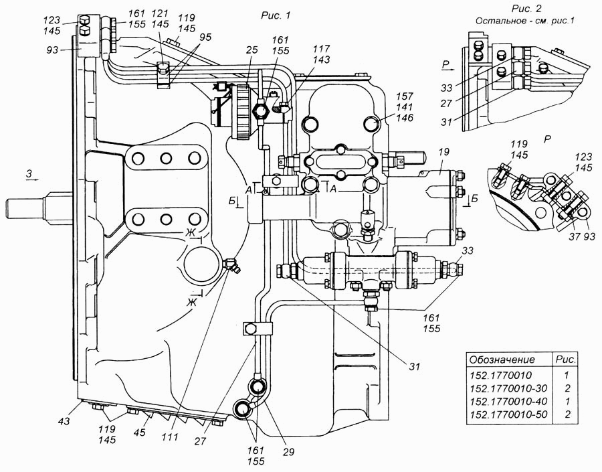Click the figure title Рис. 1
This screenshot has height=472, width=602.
point(276,15)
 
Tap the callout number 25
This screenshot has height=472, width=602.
point(252,50)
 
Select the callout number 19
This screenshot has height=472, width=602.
point(443,152)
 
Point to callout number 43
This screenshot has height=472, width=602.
point(64,421)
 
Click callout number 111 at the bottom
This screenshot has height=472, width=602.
point(170,437)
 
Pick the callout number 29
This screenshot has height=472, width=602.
point(288,452)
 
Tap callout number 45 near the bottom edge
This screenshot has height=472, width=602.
point(139,432)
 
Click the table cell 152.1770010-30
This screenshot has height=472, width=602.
point(508,388)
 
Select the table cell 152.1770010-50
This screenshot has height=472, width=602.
point(508,414)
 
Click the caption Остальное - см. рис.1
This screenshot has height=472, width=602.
point(525,21)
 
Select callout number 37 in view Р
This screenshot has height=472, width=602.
point(575,236)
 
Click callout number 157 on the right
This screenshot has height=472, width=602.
point(405,96)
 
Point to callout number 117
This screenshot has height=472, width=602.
point(321,49)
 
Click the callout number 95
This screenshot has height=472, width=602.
point(205,37)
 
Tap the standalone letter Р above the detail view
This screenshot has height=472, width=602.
point(548,139)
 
